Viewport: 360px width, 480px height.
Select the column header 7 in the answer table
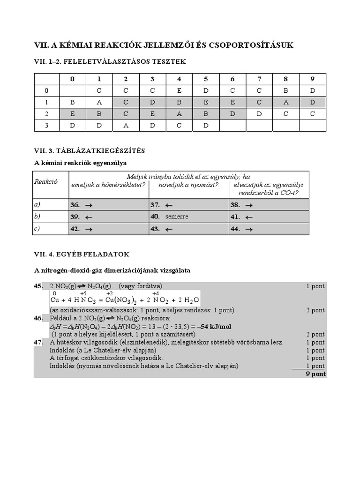click(x=259, y=79)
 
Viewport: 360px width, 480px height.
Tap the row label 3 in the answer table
click(x=46, y=125)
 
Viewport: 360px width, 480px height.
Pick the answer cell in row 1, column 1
click(x=99, y=102)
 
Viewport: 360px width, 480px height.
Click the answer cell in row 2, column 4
click(x=179, y=114)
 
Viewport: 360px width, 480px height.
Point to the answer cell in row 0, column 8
click(x=286, y=90)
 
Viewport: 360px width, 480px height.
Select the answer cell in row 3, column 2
click(x=126, y=125)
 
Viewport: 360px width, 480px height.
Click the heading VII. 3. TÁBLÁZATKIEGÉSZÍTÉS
click(x=90, y=150)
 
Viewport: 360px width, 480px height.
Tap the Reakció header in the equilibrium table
click(x=45, y=181)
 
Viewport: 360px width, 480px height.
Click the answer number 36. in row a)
click(x=75, y=205)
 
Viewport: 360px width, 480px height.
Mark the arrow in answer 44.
click(x=249, y=229)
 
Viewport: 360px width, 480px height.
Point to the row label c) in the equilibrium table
click(x=37, y=229)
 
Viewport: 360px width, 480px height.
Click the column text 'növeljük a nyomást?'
click(x=188, y=185)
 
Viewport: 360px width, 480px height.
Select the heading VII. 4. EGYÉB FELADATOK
click(x=82, y=254)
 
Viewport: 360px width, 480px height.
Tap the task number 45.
click(x=38, y=286)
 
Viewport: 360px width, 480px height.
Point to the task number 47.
click(x=38, y=342)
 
